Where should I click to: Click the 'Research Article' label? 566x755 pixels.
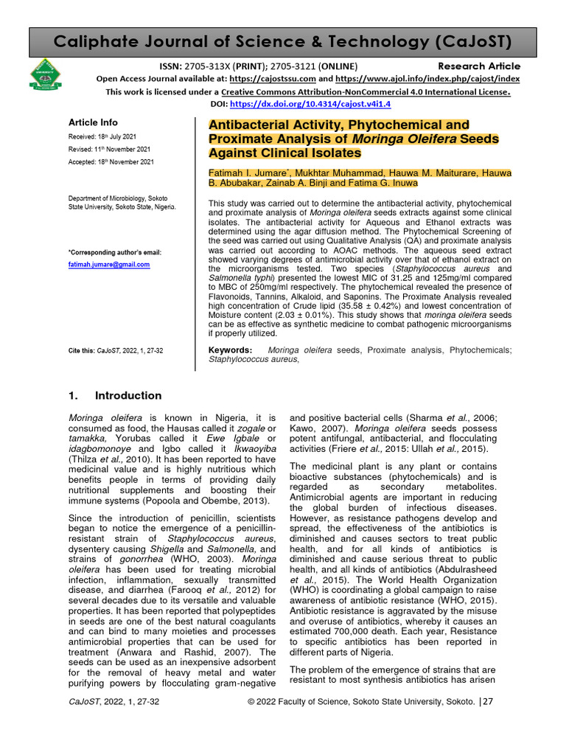point(483,66)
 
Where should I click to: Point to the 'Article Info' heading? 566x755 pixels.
point(93,122)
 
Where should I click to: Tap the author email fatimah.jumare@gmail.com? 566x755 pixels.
point(109,264)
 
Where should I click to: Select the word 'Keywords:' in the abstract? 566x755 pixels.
point(231,349)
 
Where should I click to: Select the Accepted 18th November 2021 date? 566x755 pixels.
point(111,161)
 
